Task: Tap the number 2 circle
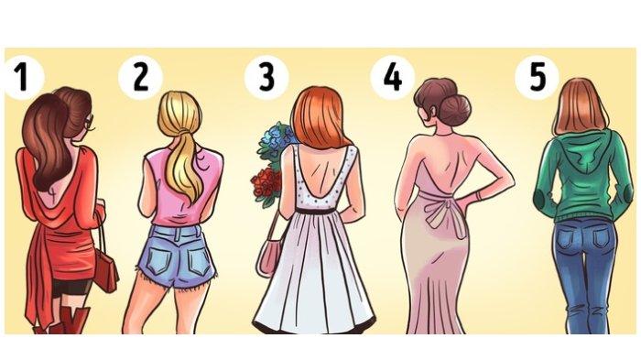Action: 140,77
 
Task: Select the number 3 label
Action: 266,77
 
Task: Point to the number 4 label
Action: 393,77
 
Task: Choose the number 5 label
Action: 537,77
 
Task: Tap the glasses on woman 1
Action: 90,121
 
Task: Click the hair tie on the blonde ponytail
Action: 185,133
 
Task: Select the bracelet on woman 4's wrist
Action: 478,196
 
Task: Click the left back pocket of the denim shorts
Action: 159,262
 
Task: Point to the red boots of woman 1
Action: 70,321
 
